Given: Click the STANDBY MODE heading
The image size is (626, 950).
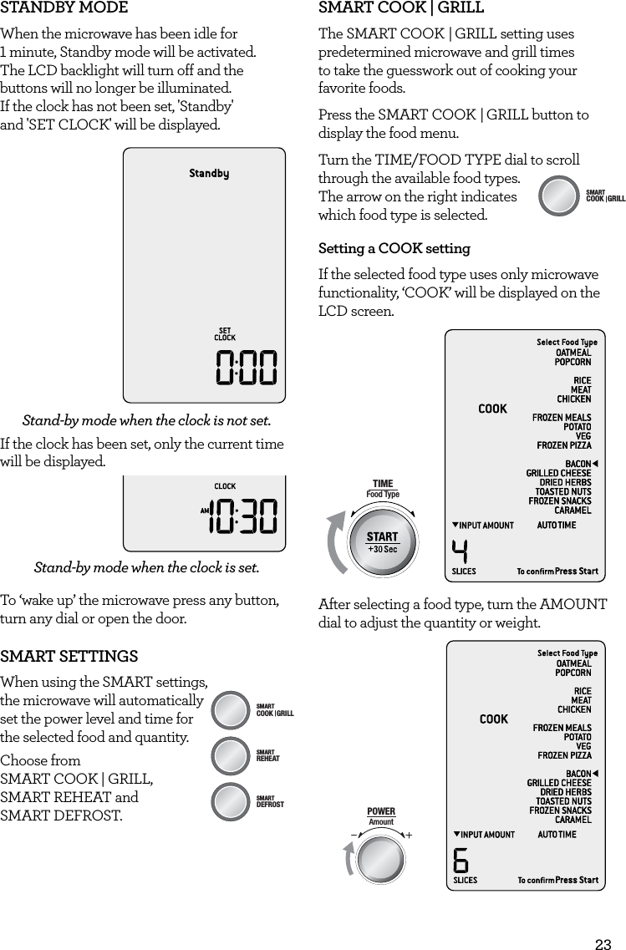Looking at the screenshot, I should [64, 8].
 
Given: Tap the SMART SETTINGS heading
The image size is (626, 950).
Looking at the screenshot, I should [69, 657].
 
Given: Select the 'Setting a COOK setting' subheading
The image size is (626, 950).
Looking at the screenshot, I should [394, 249].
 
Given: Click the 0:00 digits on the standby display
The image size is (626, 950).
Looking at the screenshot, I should [247, 368].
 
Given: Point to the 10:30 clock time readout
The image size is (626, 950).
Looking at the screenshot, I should [243, 516].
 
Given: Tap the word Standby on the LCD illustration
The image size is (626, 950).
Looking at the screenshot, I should [209, 174].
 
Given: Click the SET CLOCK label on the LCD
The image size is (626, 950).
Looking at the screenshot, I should [225, 334].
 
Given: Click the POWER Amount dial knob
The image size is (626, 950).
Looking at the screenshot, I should [382, 860].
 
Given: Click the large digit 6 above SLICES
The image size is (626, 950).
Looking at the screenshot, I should [461, 861].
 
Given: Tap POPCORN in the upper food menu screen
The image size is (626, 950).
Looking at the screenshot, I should [573, 362].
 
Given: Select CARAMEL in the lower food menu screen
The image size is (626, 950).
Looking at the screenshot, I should [573, 820].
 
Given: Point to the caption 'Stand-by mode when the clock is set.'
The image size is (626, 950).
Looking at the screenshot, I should [146, 568].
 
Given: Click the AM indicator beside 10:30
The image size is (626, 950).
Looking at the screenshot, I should [204, 511].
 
